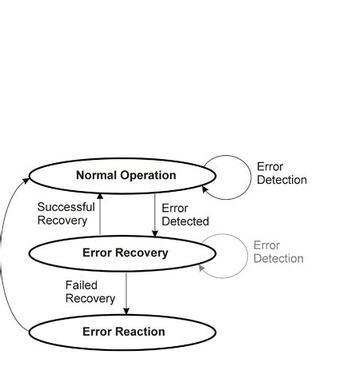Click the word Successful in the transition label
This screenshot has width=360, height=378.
(x=66, y=207)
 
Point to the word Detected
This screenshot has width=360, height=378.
(x=185, y=221)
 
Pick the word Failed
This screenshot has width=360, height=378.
(x=81, y=284)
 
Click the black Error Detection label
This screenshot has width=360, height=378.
(x=281, y=173)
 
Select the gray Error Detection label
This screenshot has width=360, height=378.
(x=278, y=252)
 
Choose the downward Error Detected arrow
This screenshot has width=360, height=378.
(x=154, y=214)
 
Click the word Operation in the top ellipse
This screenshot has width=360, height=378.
(x=147, y=175)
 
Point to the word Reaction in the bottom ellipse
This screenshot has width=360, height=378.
(x=142, y=332)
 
